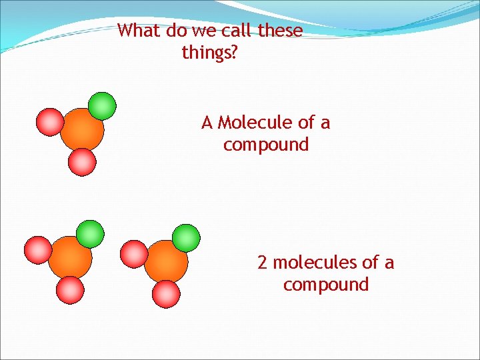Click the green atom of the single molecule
coord(102,105)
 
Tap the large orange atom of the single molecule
coord(81,130)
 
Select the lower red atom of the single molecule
coord(83,161)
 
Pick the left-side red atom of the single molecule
coord(50,121)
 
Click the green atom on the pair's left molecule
coord(90,234)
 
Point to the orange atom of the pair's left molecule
coord(69,258)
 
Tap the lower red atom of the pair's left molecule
coord(71,290)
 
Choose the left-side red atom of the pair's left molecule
coord(38,250)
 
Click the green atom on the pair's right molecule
coord(186,237)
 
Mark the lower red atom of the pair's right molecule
coord(167,293)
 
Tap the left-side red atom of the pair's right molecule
coord(134,253)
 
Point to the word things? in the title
coord(209,52)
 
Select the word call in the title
coord(234,31)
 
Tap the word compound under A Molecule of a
coord(266,145)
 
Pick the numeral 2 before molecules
coord(263,263)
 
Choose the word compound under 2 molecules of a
coord(326,285)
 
